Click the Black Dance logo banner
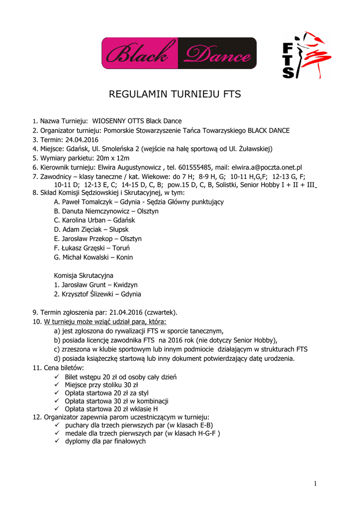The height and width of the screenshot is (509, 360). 179,53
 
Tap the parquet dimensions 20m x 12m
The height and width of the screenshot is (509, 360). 112,158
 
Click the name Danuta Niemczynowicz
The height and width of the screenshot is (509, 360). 94,211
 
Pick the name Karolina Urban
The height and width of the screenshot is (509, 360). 85,220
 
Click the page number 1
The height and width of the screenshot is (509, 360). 315,484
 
